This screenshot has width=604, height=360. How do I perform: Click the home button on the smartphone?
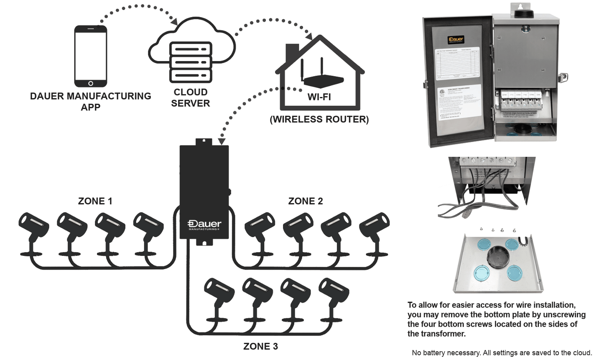point(91,84)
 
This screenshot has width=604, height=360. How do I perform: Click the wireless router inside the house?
point(322,77)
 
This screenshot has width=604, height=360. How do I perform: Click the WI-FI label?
point(319,97)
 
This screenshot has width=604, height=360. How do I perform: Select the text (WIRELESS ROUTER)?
point(319,120)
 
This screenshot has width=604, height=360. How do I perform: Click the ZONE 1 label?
point(95,201)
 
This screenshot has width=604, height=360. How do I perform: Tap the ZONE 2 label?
point(306,201)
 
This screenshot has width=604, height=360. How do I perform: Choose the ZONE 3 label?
point(260,347)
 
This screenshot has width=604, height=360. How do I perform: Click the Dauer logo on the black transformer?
point(204,225)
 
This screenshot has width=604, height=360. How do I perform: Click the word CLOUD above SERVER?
point(191,92)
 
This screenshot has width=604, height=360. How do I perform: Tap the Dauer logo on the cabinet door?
point(456,40)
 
